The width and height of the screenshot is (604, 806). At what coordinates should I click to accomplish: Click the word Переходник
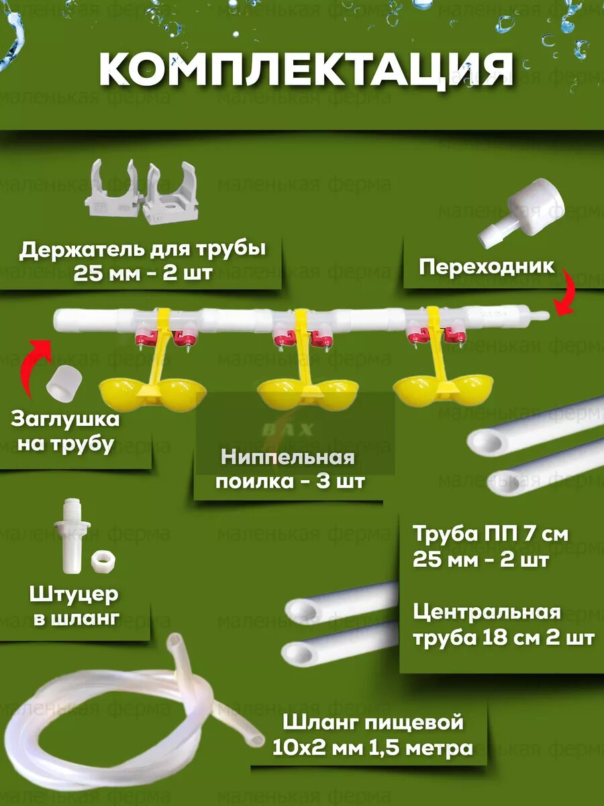(x=487, y=267)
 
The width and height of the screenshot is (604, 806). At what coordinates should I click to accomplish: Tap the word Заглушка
(x=65, y=420)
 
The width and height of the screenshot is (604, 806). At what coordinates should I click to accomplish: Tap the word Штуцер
(x=74, y=594)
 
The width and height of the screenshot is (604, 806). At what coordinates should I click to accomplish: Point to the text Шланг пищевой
(x=373, y=723)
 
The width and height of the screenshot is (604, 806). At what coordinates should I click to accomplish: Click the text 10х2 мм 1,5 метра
(x=372, y=748)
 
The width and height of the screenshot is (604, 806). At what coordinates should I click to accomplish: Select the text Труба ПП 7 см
(x=491, y=535)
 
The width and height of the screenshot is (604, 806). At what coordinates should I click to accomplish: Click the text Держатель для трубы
(x=142, y=250)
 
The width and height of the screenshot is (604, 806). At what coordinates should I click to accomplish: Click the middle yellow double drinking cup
(x=307, y=392)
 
